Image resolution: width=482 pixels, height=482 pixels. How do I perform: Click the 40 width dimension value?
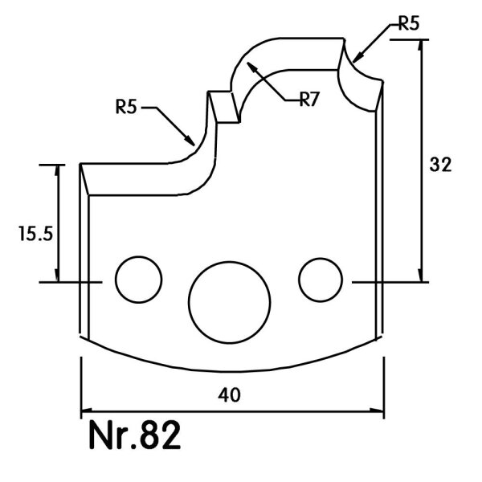(x=229, y=395)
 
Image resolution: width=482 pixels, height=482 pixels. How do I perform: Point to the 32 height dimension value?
(x=440, y=165)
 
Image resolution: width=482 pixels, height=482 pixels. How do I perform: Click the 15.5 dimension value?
(x=36, y=234)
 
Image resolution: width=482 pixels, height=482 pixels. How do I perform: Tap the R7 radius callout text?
(x=309, y=100)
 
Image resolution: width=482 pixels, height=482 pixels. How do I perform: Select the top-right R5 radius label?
(x=409, y=23)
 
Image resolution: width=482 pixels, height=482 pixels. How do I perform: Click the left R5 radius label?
(x=126, y=107)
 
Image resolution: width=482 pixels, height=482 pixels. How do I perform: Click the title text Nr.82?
(x=135, y=435)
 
